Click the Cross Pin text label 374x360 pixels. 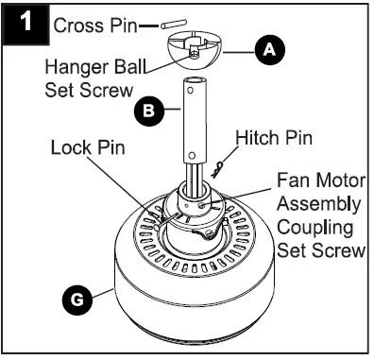pos(93,25)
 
